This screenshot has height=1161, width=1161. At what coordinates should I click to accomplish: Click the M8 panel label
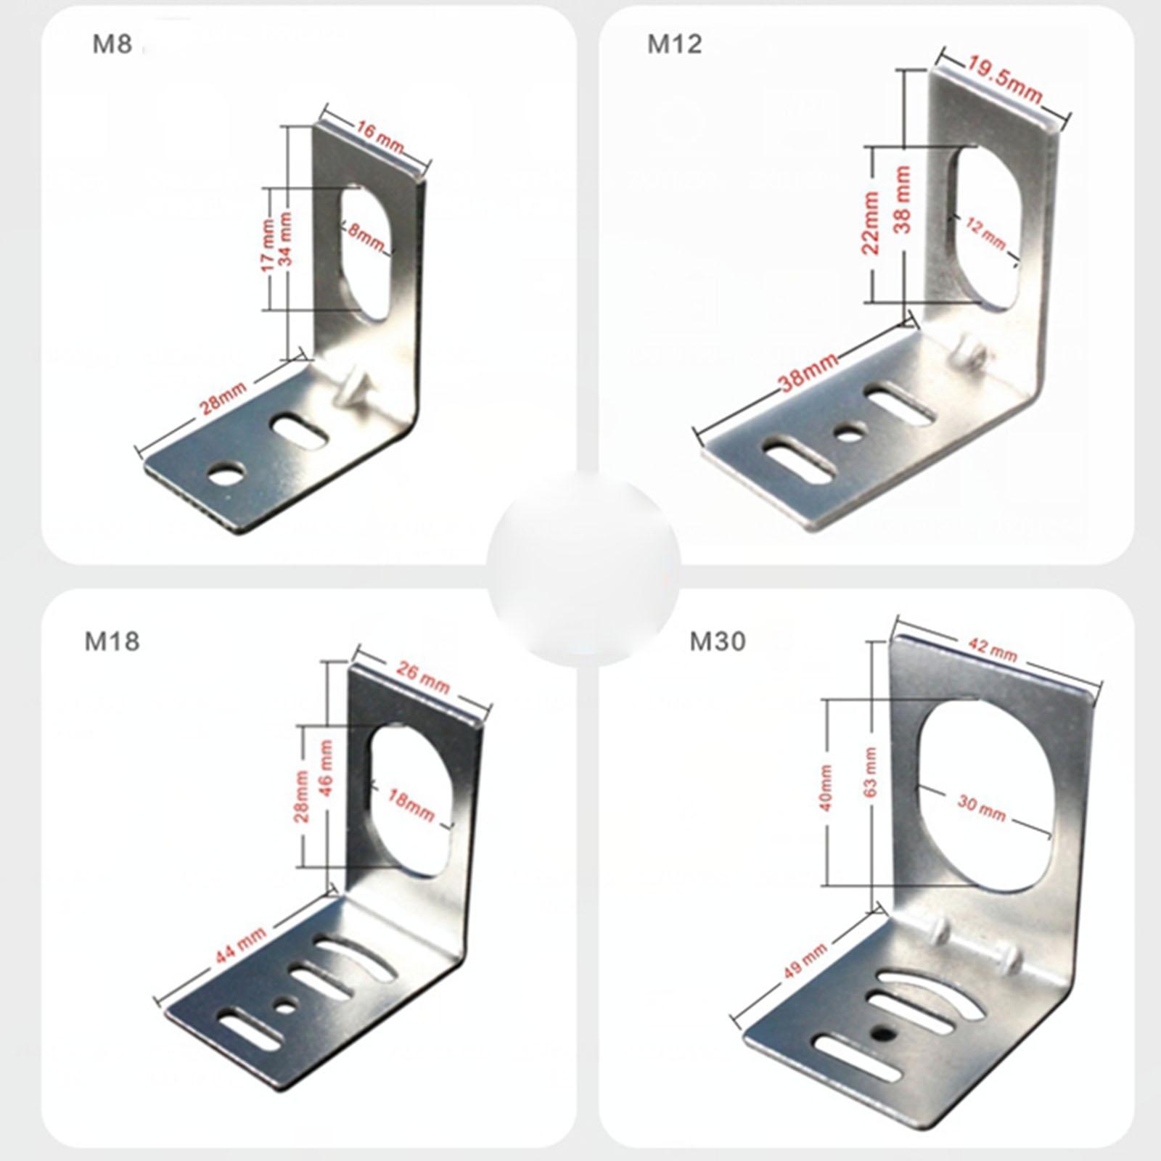pos(112,45)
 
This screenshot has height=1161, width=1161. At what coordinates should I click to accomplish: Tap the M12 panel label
pos(675,44)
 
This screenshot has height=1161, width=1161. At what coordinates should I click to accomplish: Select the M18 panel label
pos(112,641)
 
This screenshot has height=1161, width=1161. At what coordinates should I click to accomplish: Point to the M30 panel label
pos(718,641)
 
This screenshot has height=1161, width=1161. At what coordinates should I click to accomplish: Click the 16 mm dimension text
pos(380,139)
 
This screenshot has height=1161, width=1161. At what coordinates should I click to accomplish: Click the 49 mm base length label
pos(804,960)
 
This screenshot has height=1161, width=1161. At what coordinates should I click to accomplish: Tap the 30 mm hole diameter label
pos(981,809)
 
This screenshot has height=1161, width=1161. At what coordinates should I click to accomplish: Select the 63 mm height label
pos(871,771)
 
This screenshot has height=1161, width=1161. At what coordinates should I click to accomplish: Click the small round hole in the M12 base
pos(845,435)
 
